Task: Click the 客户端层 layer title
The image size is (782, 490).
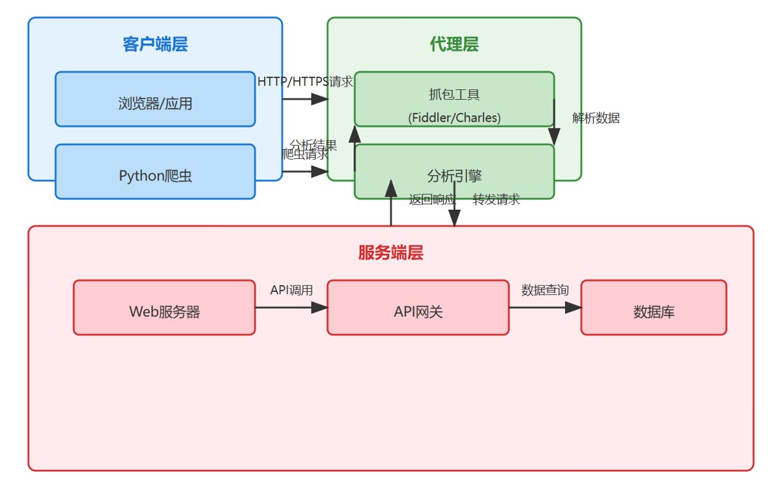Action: tap(155, 44)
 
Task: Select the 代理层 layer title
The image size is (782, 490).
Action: tap(454, 44)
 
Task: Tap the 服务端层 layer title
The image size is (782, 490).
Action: tap(390, 253)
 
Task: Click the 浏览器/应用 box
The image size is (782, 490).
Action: tap(155, 103)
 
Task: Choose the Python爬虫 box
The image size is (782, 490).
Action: tap(155, 175)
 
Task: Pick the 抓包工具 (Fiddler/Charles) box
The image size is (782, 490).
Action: tap(454, 99)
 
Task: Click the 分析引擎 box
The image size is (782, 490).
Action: tap(454, 175)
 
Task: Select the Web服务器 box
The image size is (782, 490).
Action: tap(164, 311)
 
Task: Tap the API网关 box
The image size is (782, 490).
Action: tap(418, 311)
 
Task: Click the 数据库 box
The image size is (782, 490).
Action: tap(654, 311)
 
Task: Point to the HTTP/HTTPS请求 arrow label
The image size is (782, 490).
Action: tap(305, 82)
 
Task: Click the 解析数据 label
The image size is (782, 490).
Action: tap(596, 118)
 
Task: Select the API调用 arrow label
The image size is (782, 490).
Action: tap(291, 290)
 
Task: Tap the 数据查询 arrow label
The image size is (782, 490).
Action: tap(545, 290)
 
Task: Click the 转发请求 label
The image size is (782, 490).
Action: tap(497, 199)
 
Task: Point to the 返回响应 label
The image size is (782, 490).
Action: tap(431, 199)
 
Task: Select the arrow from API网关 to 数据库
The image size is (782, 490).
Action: tap(545, 308)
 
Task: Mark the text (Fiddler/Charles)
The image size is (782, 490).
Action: tap(454, 118)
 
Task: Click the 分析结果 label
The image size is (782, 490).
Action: tap(313, 144)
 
